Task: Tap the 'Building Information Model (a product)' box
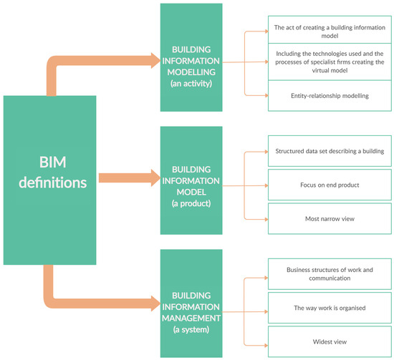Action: click(x=196, y=184)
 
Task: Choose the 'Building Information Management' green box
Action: click(x=196, y=304)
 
